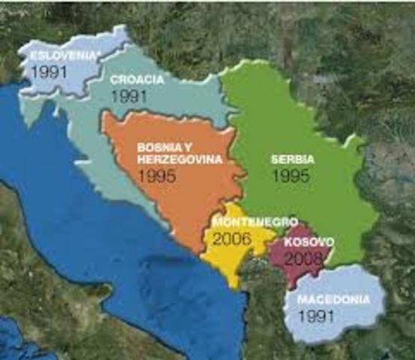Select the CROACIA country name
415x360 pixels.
[x=136, y=79]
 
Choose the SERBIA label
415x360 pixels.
[x=293, y=158]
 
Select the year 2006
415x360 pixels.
[x=232, y=239]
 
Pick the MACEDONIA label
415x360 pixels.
[x=333, y=299]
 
